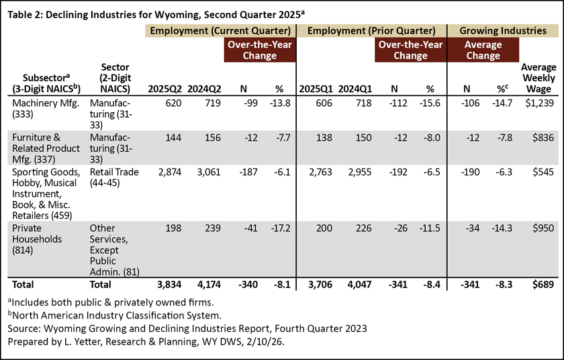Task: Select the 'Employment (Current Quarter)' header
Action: (220, 30)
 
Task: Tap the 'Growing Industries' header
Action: (501, 30)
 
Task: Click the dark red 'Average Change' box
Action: (483, 50)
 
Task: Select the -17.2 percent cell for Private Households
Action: (281, 228)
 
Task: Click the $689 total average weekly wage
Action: (544, 285)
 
